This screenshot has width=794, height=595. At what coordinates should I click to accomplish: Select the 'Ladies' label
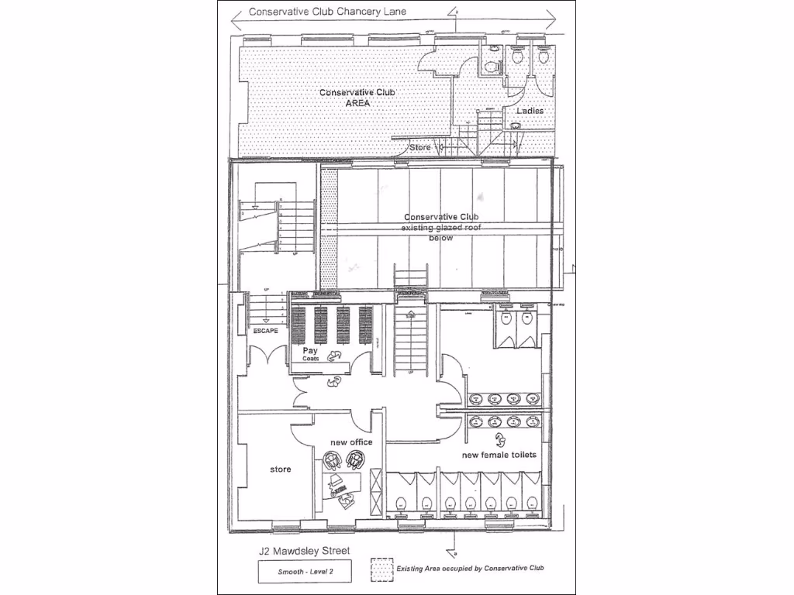[x=530, y=111]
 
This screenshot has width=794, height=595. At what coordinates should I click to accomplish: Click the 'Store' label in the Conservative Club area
[x=419, y=146]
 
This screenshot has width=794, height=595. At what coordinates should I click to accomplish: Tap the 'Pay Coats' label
[x=311, y=354]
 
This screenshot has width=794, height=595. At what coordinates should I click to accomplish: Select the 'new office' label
[x=351, y=442]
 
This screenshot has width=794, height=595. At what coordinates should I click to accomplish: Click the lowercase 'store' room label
[x=280, y=469]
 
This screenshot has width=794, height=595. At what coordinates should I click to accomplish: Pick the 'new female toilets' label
[x=499, y=455]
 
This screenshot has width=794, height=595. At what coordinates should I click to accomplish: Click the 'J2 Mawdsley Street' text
[x=304, y=551]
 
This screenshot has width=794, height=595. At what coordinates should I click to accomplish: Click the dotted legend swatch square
[x=379, y=567]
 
